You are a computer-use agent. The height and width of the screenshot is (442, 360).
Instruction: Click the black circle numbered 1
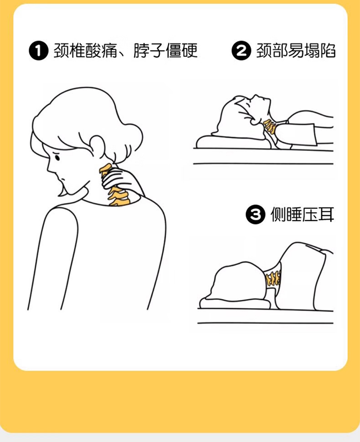tap(39, 51)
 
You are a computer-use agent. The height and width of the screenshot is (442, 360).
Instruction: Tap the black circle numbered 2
tap(241, 51)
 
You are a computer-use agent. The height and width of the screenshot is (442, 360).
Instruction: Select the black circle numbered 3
tap(255, 215)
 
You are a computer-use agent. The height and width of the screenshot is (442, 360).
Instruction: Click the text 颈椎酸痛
tap(85, 51)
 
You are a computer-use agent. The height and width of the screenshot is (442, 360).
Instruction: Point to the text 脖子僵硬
tap(165, 51)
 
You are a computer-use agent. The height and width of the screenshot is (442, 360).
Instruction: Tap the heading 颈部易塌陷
tap(296, 51)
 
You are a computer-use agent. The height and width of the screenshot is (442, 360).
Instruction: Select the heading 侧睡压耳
tap(302, 215)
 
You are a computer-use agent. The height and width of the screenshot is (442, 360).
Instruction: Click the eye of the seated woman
tap(57, 157)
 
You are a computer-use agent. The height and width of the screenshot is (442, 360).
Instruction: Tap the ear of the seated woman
tap(97, 147)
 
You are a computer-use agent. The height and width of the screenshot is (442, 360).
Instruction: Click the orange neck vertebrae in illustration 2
tap(269, 126)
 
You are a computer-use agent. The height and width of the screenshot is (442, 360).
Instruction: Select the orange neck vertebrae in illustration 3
tap(273, 278)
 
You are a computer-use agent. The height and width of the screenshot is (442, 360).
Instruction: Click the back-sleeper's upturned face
tap(259, 106)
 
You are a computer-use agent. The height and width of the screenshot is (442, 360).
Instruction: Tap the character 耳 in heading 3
tap(326, 215)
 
